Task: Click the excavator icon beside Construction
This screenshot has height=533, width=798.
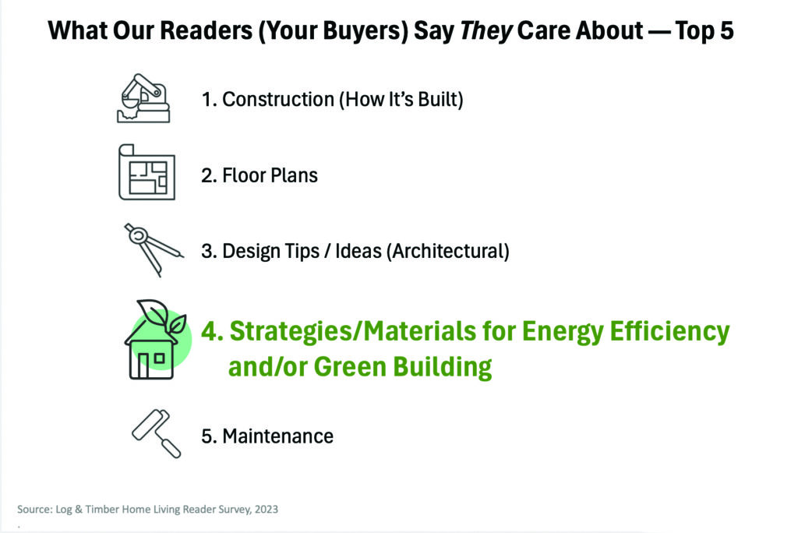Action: point(143,98)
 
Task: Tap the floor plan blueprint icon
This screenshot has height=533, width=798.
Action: point(147,172)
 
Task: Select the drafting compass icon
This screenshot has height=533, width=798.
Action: point(154,249)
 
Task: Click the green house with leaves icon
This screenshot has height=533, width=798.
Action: point(157,340)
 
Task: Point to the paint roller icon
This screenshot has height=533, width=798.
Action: point(156,433)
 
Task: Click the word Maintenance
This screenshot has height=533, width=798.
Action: point(278,436)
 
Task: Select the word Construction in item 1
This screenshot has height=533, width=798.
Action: point(278,99)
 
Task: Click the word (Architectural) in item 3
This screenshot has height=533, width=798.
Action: point(448,251)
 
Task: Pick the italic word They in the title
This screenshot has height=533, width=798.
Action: point(486,31)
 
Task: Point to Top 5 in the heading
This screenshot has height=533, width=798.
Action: point(704,30)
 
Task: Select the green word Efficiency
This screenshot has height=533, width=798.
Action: point(669,331)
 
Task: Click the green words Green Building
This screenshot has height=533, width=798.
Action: point(403,366)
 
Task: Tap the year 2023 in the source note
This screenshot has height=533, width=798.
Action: point(267,509)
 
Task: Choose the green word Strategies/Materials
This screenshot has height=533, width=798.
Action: point(353,331)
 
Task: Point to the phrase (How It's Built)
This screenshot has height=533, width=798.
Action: point(401,99)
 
